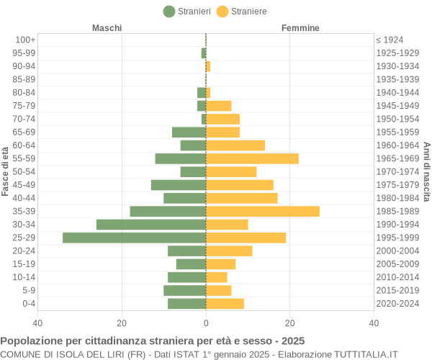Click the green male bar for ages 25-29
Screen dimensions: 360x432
pos(134,238)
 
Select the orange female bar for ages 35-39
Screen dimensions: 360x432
pos(263,211)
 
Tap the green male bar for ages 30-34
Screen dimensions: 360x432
pos(151,225)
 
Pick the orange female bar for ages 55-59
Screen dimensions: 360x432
pos(252,158)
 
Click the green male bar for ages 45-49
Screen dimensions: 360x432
pos(179,185)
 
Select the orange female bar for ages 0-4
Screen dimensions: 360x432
pos(225,303)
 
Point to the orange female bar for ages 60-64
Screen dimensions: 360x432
pos(235,145)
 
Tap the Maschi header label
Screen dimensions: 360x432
pos(107,28)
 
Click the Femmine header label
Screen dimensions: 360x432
pos(300,28)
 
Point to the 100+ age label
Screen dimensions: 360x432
pos(24,40)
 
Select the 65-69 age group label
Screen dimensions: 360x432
pos(24,132)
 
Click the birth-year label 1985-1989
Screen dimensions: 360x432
pos(397,211)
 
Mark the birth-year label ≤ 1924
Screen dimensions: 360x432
pos(390,40)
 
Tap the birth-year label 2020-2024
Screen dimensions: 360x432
pos(397,303)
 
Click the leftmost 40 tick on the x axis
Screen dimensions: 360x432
pos(38,323)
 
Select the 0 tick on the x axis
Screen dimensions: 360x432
pos(206,323)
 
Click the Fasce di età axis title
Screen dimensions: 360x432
pos(6,171)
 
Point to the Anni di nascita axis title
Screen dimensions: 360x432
pos(426,171)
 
